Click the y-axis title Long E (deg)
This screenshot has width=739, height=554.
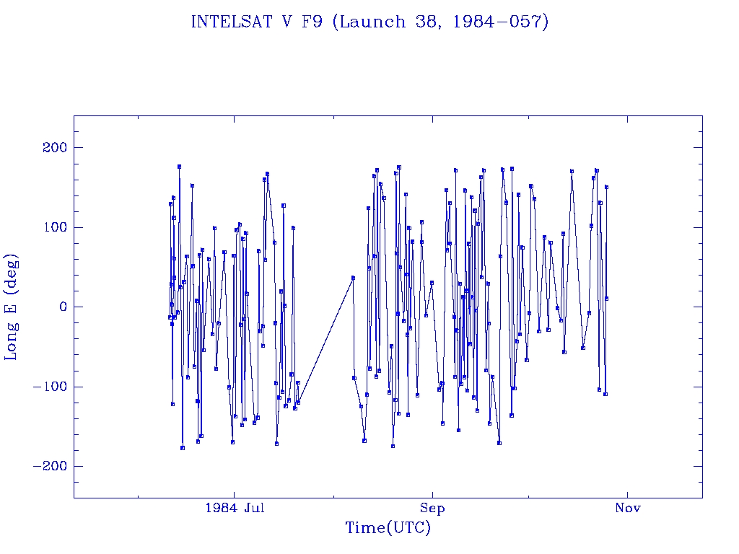(12, 307)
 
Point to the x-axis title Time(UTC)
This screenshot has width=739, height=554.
(388, 529)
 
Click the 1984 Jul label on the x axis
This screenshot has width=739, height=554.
(235, 508)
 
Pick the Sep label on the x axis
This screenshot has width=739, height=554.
(432, 508)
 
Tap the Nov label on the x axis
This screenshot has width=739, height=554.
(628, 508)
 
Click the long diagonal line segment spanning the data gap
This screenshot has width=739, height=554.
(325, 340)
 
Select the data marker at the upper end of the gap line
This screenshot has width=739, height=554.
(353, 278)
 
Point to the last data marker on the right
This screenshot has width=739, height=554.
(607, 298)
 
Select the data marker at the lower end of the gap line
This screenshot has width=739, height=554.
(297, 403)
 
